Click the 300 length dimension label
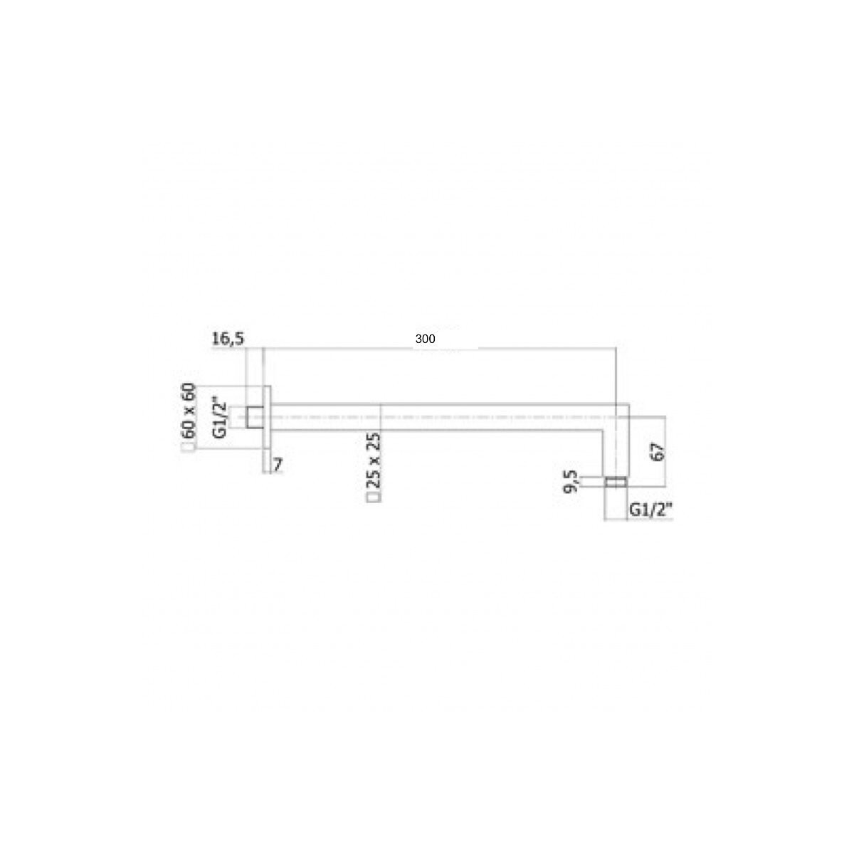tap(425, 339)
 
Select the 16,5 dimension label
tap(228, 339)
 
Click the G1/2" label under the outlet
tap(650, 510)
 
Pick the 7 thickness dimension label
tap(278, 465)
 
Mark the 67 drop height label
tap(658, 452)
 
